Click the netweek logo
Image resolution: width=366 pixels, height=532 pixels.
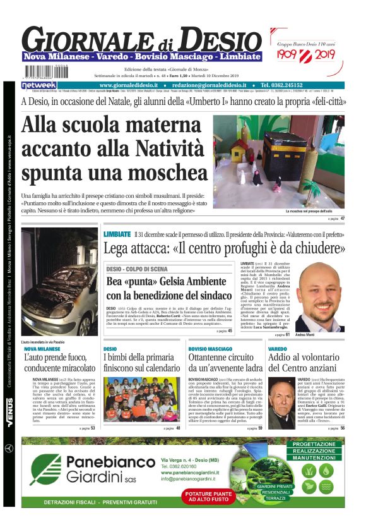tap(39, 85)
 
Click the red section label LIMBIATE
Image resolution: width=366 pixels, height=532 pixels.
tap(117, 234)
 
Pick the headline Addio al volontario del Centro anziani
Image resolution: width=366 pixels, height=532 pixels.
tap(304, 362)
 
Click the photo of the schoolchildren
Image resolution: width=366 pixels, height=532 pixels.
tap(141, 399)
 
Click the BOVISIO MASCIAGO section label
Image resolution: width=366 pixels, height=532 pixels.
tap(211, 348)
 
